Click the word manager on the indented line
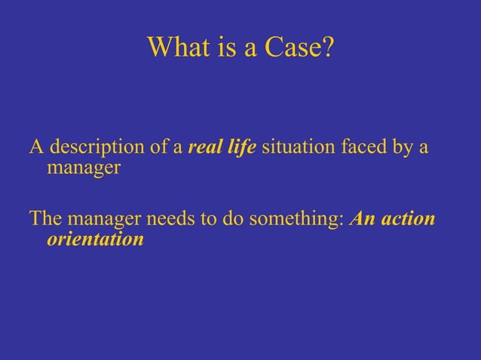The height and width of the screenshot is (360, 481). (x=84, y=166)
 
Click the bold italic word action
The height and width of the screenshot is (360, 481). (x=409, y=220)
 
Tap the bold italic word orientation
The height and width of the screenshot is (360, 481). (x=95, y=239)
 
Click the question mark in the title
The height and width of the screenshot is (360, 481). (x=324, y=47)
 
